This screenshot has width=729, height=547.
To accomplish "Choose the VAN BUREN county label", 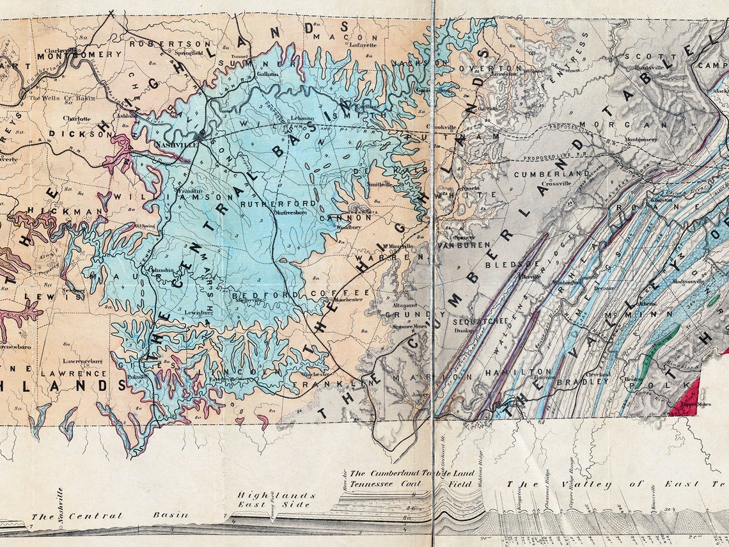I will (463, 244).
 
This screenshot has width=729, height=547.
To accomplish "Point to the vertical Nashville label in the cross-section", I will (61, 506).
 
